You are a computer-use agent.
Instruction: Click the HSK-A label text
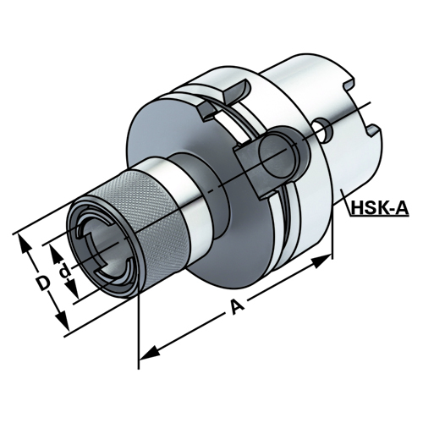pos(380,209)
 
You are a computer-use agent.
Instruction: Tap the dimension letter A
pos(237,306)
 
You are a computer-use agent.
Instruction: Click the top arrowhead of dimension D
pos(24,243)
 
